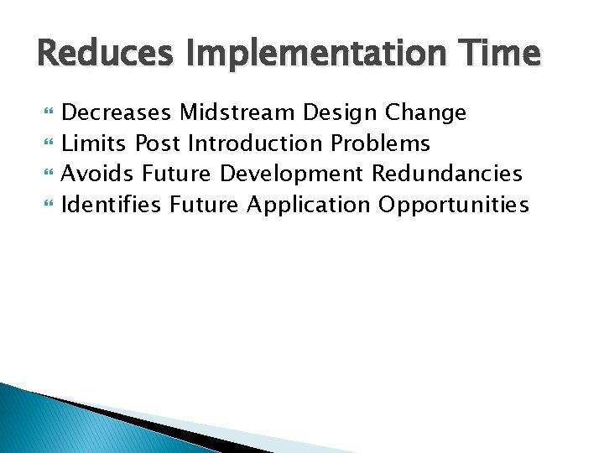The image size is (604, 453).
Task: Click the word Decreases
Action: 117,113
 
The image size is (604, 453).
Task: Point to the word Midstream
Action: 237,113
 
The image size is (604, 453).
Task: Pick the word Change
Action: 425,113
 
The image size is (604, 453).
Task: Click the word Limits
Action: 94,143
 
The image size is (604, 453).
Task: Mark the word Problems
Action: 380,143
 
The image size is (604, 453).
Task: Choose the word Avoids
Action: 98,174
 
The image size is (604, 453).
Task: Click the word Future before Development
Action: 178,174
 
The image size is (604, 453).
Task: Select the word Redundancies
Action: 446,174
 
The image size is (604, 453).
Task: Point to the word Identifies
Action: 112,204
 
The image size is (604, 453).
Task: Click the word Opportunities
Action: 453,204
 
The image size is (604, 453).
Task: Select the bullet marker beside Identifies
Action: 47,205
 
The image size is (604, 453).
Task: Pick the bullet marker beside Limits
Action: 47,144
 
